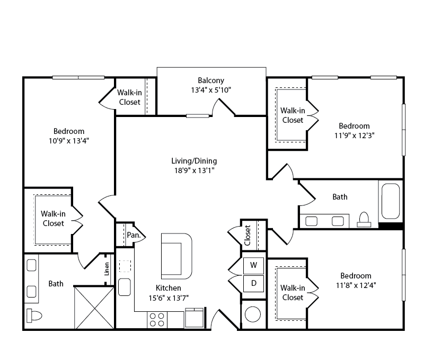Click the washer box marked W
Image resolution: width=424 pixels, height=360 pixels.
[x=253, y=266]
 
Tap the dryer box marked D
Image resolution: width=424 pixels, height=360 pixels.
[x=253, y=284]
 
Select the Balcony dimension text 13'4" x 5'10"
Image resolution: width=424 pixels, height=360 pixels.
[x=211, y=90]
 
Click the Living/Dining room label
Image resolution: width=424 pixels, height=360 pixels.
[x=194, y=161]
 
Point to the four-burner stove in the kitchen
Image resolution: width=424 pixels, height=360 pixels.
[x=157, y=320]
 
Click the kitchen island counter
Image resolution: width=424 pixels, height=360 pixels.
[x=176, y=256]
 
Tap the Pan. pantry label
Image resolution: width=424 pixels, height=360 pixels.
[x=134, y=235]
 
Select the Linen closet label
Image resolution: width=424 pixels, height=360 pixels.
[x=107, y=269]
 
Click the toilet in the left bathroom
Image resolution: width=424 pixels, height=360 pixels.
[x=34, y=316]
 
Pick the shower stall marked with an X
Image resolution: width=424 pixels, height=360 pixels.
[x=94, y=308]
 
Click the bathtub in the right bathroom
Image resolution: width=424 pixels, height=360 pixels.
[x=391, y=201]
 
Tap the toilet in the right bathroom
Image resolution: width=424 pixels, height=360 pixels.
[x=364, y=219]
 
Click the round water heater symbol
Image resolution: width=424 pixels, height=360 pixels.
[x=253, y=314]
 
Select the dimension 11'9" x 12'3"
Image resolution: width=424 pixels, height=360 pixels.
[x=354, y=136]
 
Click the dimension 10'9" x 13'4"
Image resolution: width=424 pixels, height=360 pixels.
[x=69, y=141]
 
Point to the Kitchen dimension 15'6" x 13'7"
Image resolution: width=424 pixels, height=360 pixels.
[x=169, y=298]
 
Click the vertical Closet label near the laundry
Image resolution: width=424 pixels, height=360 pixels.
[x=248, y=235]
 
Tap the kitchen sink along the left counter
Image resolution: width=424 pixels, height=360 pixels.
[x=125, y=287]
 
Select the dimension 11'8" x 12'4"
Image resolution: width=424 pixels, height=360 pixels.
[x=356, y=285]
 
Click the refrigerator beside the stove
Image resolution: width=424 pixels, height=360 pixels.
[x=194, y=318]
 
